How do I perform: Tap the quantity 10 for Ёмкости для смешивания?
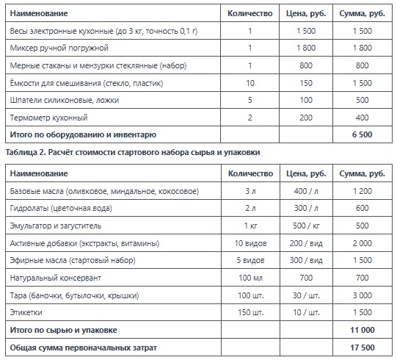click(x=250, y=83)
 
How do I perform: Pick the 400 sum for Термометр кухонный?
click(x=363, y=118)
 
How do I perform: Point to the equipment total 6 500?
click(x=363, y=134)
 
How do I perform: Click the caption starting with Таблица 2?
click(x=132, y=151)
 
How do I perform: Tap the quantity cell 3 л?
click(x=250, y=191)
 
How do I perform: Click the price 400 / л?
click(x=307, y=191)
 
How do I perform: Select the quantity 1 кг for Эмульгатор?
click(x=250, y=226)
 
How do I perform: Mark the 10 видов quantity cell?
click(x=250, y=243)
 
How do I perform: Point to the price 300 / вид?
click(x=307, y=260)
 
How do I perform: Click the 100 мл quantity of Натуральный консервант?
click(x=250, y=278)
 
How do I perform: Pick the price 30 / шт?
click(x=307, y=295)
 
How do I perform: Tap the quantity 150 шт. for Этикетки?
click(x=250, y=312)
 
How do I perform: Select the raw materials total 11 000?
click(x=363, y=330)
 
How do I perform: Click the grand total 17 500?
click(x=363, y=347)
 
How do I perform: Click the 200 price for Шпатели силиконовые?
click(x=307, y=100)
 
